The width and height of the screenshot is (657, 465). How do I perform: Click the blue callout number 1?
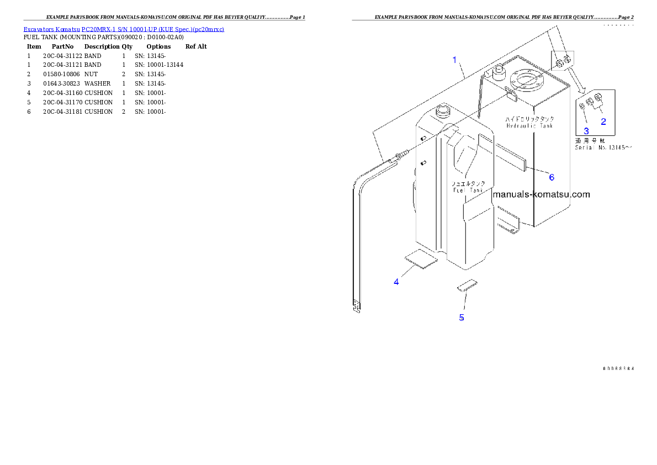[x=454, y=60]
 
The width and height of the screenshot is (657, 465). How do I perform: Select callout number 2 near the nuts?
[x=603, y=121]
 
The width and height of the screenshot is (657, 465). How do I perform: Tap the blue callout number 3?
[x=586, y=131]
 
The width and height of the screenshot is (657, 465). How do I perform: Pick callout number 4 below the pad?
[x=396, y=282]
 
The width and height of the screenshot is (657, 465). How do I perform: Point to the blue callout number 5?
[x=462, y=318]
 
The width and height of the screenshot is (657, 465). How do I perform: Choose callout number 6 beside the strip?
[x=551, y=177]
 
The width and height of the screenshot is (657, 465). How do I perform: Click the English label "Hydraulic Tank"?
[x=529, y=126]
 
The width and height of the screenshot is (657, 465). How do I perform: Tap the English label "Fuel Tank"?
[x=468, y=190]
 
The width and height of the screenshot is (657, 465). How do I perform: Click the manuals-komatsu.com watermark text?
[x=541, y=194]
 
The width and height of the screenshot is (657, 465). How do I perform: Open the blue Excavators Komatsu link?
[x=123, y=29]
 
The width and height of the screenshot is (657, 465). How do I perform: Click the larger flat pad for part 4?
[x=421, y=258]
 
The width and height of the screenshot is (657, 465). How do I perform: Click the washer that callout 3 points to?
[x=582, y=105]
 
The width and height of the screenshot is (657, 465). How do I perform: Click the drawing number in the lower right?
[x=618, y=368]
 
